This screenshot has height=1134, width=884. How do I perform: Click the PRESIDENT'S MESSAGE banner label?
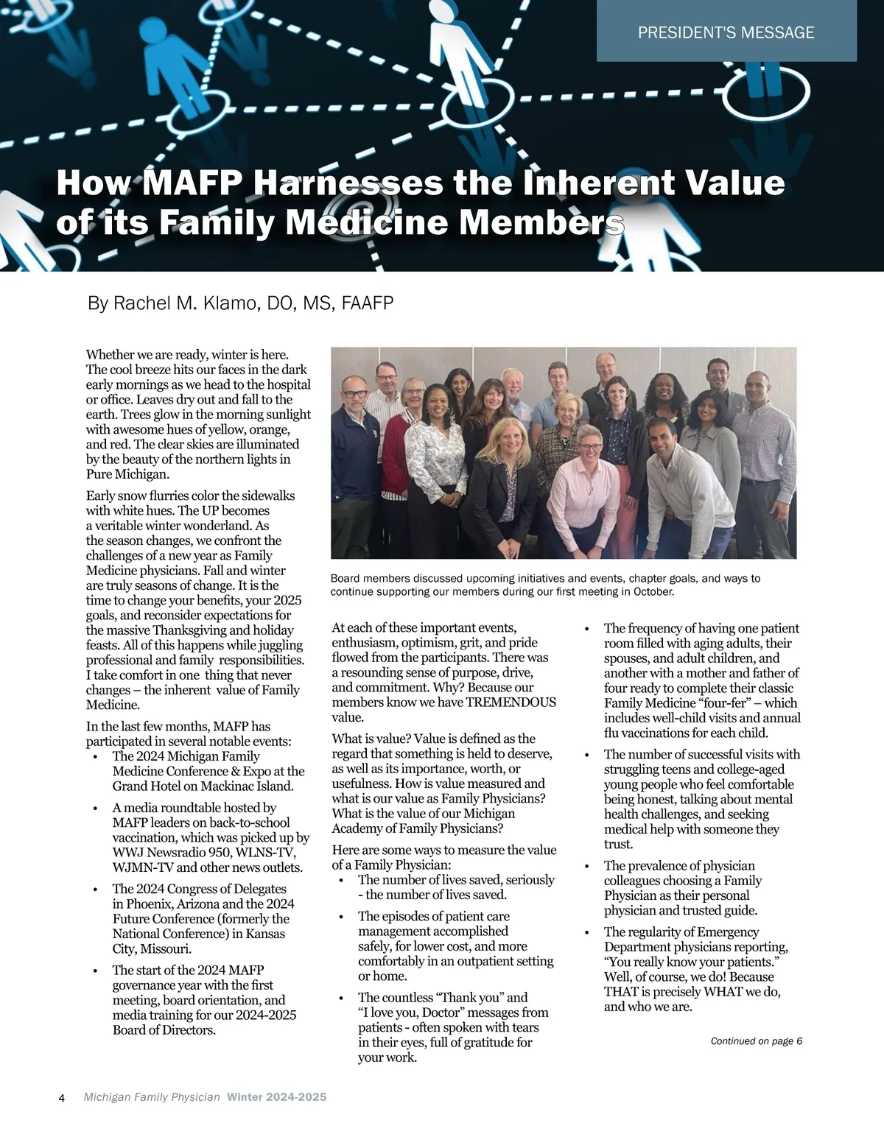pyautogui.click(x=726, y=32)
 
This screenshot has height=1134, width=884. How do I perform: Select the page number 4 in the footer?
pyautogui.click(x=62, y=1098)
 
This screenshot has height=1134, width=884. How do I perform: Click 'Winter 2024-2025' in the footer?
pyautogui.click(x=276, y=1097)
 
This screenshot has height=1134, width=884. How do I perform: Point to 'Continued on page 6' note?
pyautogui.click(x=756, y=1041)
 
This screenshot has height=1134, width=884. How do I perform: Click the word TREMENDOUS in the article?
pyautogui.click(x=511, y=702)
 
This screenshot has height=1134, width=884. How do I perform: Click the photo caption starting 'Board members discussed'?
pyautogui.click(x=545, y=585)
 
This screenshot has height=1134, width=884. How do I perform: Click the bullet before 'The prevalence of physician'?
pyautogui.click(x=586, y=866)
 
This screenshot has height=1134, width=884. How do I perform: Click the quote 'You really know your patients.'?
pyautogui.click(x=692, y=962)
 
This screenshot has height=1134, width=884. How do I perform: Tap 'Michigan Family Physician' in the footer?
pyautogui.click(x=152, y=1097)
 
